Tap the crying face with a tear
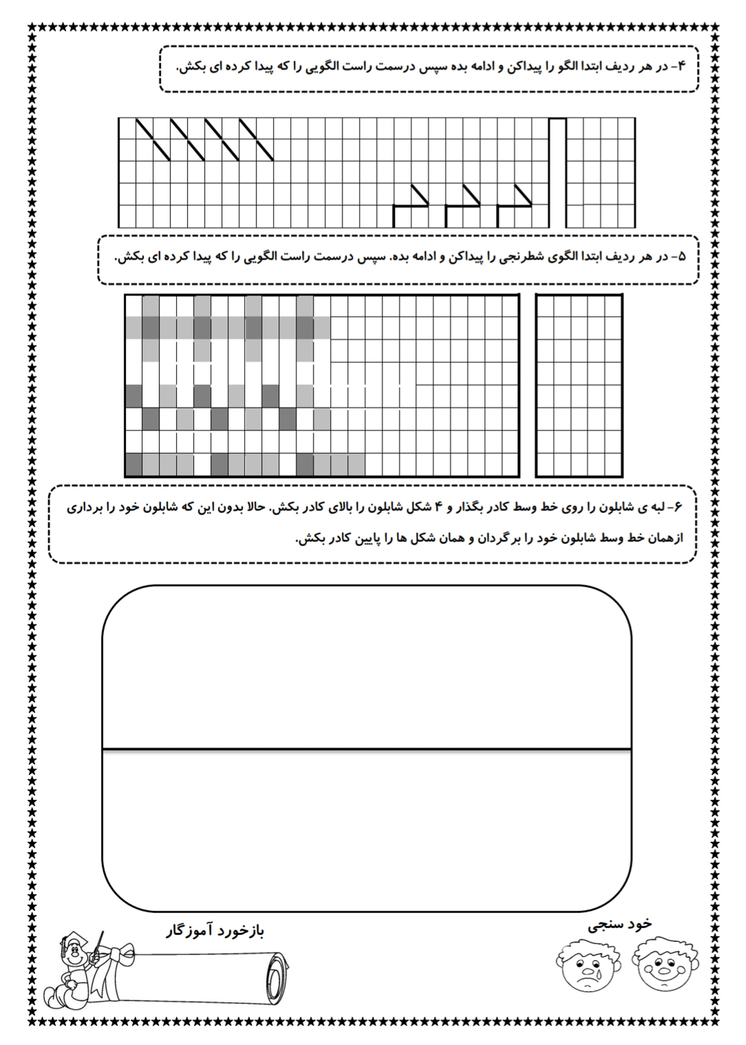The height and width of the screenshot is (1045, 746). point(586,965)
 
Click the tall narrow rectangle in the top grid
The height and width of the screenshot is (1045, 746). point(558,172)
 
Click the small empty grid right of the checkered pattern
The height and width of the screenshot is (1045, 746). point(579,385)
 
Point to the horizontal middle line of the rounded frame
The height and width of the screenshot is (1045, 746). point(367,748)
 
